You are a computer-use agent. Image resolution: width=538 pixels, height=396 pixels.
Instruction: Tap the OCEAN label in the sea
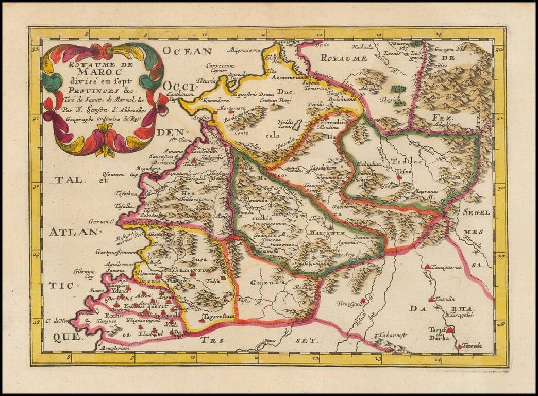click(186, 51)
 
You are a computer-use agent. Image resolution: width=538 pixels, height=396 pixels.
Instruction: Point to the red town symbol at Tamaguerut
click(427, 267)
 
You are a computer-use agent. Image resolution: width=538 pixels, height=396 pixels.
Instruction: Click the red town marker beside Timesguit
click(363, 300)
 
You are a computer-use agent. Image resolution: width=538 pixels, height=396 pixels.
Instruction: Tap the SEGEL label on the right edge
click(477, 212)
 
